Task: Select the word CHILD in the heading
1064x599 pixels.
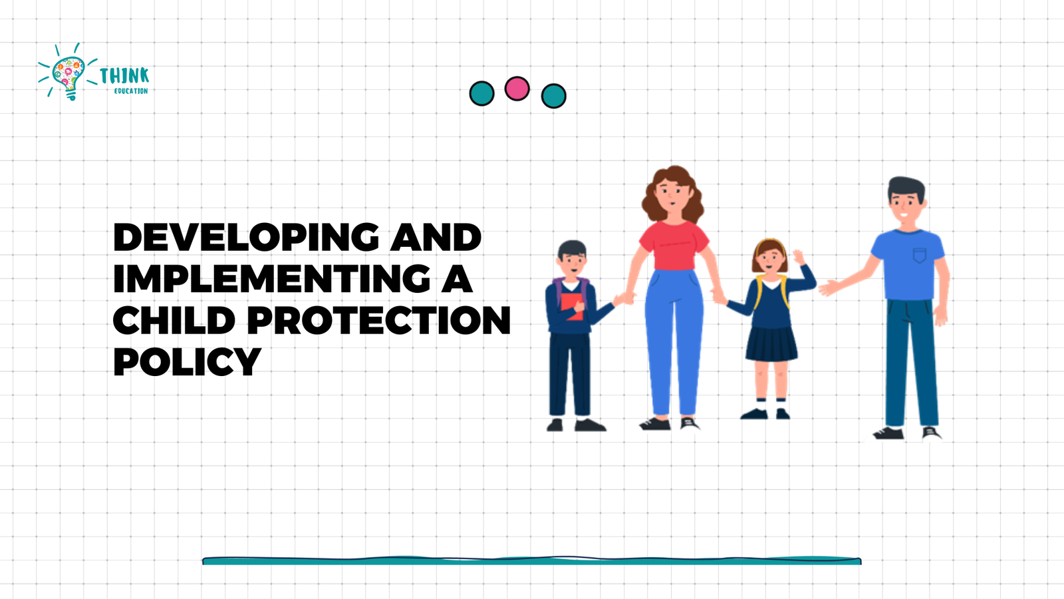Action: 174,319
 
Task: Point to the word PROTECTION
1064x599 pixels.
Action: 379,319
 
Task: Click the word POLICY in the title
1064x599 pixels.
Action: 187,361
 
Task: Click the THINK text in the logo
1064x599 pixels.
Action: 124,76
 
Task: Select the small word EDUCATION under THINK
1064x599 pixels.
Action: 131,91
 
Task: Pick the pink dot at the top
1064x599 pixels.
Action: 517,89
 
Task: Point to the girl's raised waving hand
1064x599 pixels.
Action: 799,257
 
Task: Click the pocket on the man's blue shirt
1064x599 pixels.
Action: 920,256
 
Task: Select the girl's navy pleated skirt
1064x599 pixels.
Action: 771,344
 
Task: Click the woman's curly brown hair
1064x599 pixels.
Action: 672,194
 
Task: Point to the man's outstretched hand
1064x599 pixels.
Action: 829,287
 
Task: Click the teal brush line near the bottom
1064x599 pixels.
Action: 532,561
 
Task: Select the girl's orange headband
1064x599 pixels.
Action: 769,243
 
